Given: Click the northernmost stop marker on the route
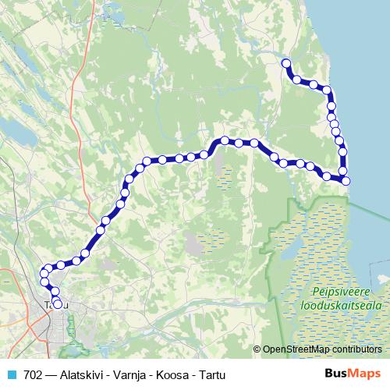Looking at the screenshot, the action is [x=285, y=63].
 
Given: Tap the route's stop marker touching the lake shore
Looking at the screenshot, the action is [x=346, y=181].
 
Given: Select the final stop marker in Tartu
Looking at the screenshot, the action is [x=58, y=303].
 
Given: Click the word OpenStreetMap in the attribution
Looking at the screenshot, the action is [x=296, y=349].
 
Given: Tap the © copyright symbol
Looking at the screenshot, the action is [x=257, y=349].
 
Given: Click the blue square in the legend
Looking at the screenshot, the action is [x=11, y=374].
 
